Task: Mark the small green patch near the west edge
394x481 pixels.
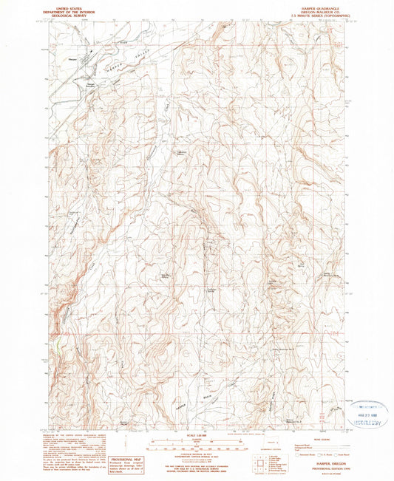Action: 53,344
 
